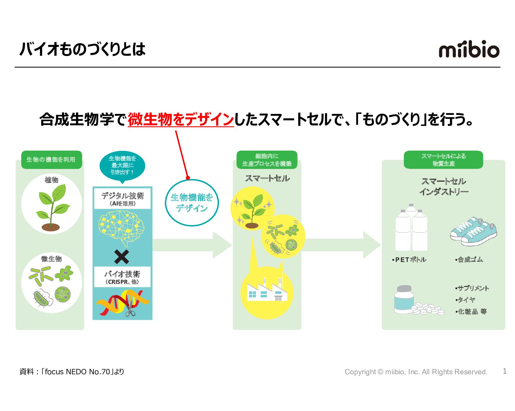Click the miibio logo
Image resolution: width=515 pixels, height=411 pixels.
(x=469, y=49)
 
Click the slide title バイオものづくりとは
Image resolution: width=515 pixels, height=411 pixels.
(x=82, y=49)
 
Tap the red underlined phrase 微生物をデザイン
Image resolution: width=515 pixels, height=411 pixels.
(x=181, y=120)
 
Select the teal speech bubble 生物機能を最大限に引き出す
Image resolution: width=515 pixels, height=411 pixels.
(x=122, y=165)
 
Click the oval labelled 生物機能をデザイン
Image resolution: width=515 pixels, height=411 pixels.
(x=192, y=203)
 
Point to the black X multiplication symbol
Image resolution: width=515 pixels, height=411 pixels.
(x=122, y=257)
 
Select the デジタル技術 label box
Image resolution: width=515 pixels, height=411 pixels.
(x=122, y=199)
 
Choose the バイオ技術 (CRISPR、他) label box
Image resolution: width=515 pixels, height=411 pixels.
(x=122, y=277)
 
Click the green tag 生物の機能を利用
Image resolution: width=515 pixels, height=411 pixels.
(x=51, y=159)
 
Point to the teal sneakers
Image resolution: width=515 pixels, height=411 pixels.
(x=473, y=231)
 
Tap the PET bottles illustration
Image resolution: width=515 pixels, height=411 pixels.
(x=411, y=228)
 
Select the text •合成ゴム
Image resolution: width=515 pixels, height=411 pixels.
(x=469, y=260)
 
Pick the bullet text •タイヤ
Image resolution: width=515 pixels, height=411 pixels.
(x=465, y=300)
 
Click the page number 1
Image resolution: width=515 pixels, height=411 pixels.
(x=505, y=371)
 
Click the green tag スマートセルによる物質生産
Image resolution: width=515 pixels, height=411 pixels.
(x=443, y=160)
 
